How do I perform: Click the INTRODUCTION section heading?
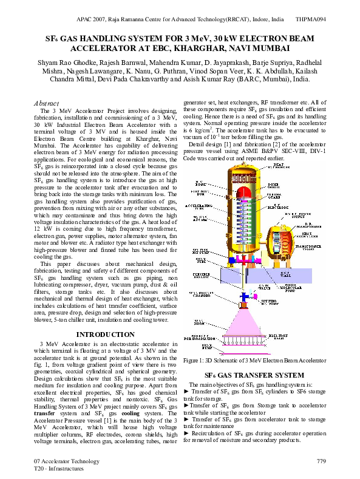106,335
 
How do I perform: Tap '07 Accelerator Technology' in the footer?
66,462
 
